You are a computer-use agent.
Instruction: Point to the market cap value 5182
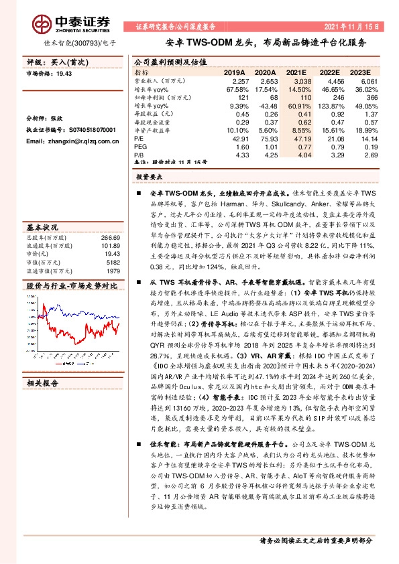click(113, 263)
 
